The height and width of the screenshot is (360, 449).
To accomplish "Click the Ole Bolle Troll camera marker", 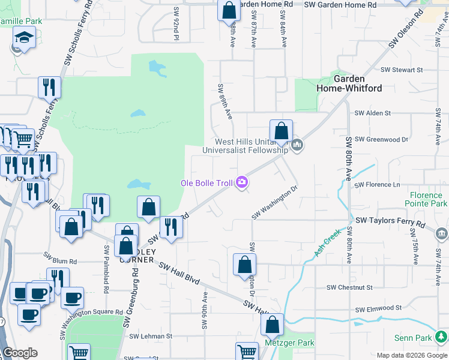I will [242, 182].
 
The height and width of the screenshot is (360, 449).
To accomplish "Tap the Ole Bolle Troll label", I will [207, 182].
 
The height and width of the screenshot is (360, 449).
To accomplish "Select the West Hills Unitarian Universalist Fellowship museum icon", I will [297, 145].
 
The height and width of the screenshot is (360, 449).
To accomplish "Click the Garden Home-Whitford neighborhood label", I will [349, 83].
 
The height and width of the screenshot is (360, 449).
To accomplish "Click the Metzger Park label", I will [290, 343].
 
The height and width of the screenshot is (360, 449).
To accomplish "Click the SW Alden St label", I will [372, 113].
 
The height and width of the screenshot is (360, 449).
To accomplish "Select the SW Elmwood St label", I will [377, 310].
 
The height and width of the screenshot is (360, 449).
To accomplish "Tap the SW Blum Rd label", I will [65, 262].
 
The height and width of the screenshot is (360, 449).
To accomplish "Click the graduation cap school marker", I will [23, 40].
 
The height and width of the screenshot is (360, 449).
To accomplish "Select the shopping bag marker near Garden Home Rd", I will [228, 10].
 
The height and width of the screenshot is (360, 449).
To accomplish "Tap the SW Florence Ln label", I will [377, 185].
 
